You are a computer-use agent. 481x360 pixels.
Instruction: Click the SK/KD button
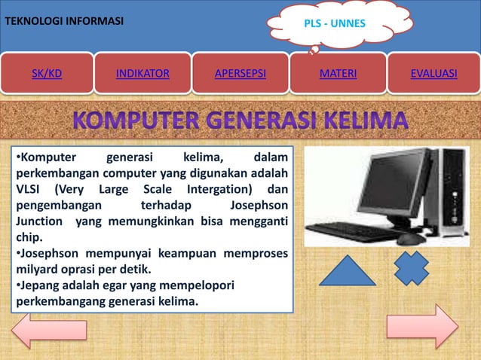click(x=47, y=73)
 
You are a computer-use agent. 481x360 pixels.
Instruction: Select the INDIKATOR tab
click(x=142, y=73)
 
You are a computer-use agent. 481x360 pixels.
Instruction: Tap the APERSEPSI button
click(x=240, y=73)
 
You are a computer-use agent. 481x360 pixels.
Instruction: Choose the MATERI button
click(x=338, y=73)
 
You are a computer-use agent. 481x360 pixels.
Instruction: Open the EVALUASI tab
click(x=434, y=73)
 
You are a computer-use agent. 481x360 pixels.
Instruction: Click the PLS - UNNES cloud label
click(x=334, y=23)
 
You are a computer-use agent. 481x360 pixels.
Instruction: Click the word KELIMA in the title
click(x=361, y=121)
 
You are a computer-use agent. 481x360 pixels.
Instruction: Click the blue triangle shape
click(x=347, y=270)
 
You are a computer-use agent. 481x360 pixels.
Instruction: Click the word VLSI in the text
click(x=29, y=188)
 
